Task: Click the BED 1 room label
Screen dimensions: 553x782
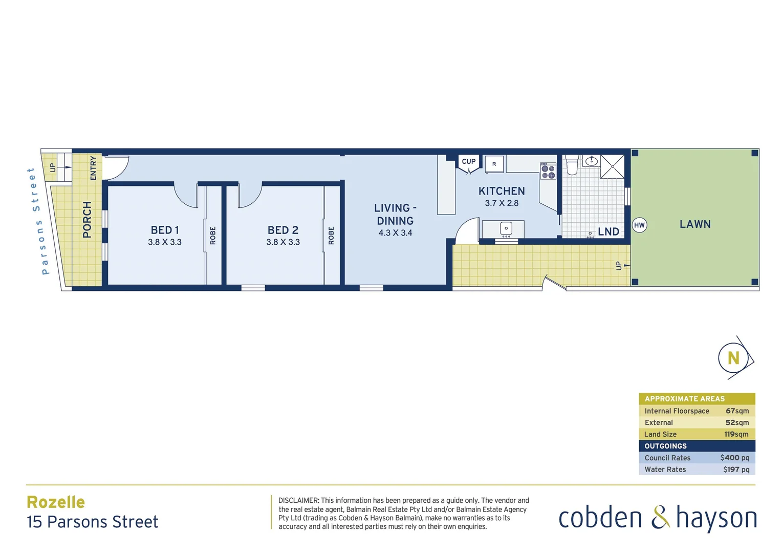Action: [165, 230]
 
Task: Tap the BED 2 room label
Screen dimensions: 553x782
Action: [283, 230]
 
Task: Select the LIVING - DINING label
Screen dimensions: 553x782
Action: [395, 215]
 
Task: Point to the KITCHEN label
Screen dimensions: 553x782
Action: [502, 191]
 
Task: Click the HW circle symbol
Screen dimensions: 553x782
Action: [639, 225]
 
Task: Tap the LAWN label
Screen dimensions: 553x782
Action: [695, 224]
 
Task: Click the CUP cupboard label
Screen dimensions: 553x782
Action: [469, 161]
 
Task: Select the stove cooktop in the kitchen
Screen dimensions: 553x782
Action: [548, 171]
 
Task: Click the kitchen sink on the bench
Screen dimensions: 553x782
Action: [506, 229]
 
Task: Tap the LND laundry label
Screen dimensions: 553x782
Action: [609, 232]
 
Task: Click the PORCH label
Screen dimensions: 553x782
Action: [87, 220]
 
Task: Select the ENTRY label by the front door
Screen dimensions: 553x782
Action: [93, 168]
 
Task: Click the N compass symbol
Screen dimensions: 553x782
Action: [733, 358]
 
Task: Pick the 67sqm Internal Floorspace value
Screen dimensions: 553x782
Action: [737, 411]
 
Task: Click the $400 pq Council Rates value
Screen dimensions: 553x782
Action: [734, 458]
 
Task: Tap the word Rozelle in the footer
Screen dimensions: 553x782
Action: [56, 502]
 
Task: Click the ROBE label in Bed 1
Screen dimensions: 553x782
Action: [213, 236]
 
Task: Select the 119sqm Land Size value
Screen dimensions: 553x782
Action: [736, 434]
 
